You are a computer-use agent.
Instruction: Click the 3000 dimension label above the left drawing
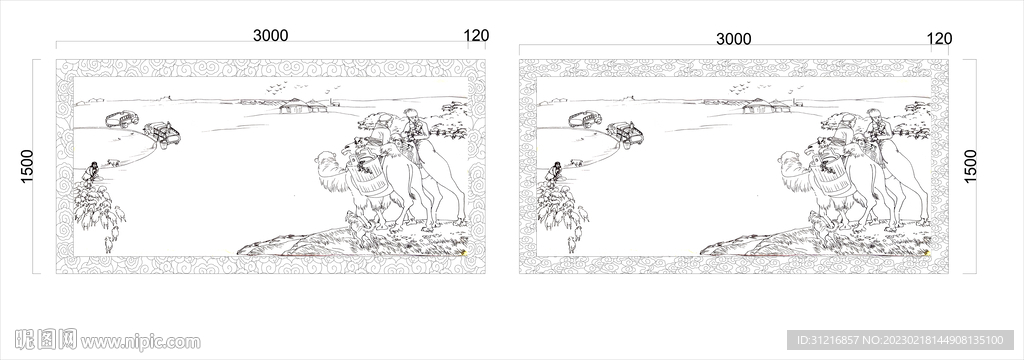(x=270, y=35)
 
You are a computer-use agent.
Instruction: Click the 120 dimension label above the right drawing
(x=939, y=39)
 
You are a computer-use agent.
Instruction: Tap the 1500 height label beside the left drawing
(x=27, y=167)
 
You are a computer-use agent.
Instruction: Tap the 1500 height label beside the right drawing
(x=970, y=166)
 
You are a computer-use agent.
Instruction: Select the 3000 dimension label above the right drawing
(x=733, y=39)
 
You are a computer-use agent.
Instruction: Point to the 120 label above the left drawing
(x=476, y=36)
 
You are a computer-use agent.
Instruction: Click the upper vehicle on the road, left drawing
(x=121, y=119)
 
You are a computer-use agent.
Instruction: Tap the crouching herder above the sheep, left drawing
(x=91, y=171)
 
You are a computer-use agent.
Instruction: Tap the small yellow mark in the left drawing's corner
(x=464, y=252)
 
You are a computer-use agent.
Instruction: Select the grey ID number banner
(x=900, y=340)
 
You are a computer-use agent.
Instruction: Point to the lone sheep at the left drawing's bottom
(x=109, y=244)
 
